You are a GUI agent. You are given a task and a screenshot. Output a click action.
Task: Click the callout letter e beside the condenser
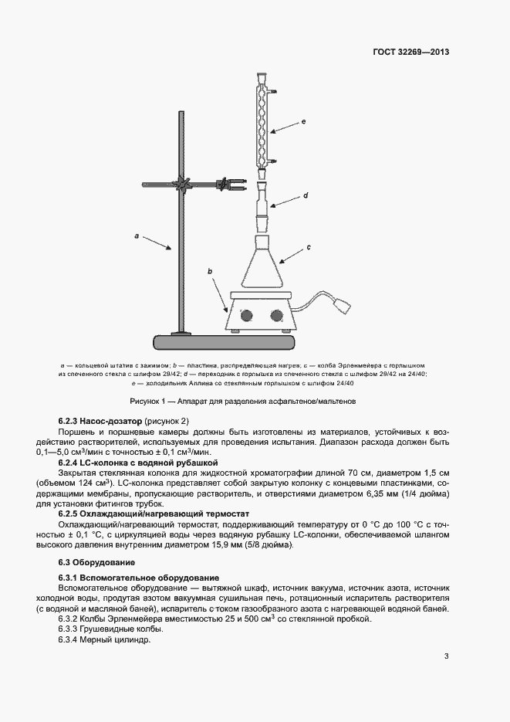click(x=304, y=121)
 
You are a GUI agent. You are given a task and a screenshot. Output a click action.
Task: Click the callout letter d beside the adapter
click(x=306, y=196)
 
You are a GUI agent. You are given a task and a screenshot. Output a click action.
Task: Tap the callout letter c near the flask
click(x=308, y=247)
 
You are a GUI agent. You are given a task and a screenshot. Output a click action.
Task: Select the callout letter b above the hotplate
click(x=210, y=271)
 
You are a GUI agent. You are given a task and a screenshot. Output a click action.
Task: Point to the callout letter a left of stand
click(x=137, y=236)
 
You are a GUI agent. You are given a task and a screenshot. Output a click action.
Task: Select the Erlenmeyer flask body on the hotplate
click(x=262, y=266)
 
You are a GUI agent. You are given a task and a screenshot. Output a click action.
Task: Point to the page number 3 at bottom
click(x=447, y=656)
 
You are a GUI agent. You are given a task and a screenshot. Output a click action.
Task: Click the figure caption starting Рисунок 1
click(x=243, y=402)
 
